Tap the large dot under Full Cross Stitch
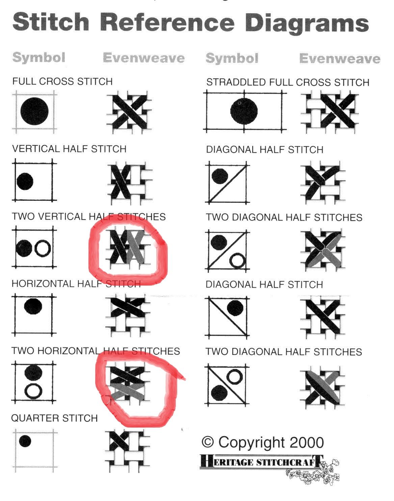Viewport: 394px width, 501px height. pyautogui.click(x=34, y=111)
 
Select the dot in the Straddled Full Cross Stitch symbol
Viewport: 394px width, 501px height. pyautogui.click(x=244, y=111)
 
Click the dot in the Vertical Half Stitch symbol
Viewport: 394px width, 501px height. pyautogui.click(x=25, y=182)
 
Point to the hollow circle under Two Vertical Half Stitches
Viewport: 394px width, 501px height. pyautogui.click(x=43, y=248)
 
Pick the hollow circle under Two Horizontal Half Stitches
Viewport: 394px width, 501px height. pyautogui.click(x=33, y=391)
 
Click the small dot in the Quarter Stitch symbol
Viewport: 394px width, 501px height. pyautogui.click(x=25, y=441)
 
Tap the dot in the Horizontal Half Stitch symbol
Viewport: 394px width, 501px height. pyautogui.click(x=33, y=306)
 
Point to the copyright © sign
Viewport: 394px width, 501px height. pyautogui.click(x=208, y=442)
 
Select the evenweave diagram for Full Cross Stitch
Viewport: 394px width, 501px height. pyautogui.click(x=129, y=112)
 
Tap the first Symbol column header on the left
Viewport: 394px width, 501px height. pyautogui.click(x=38, y=57)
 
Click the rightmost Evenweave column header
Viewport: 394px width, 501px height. pyautogui.click(x=340, y=58)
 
